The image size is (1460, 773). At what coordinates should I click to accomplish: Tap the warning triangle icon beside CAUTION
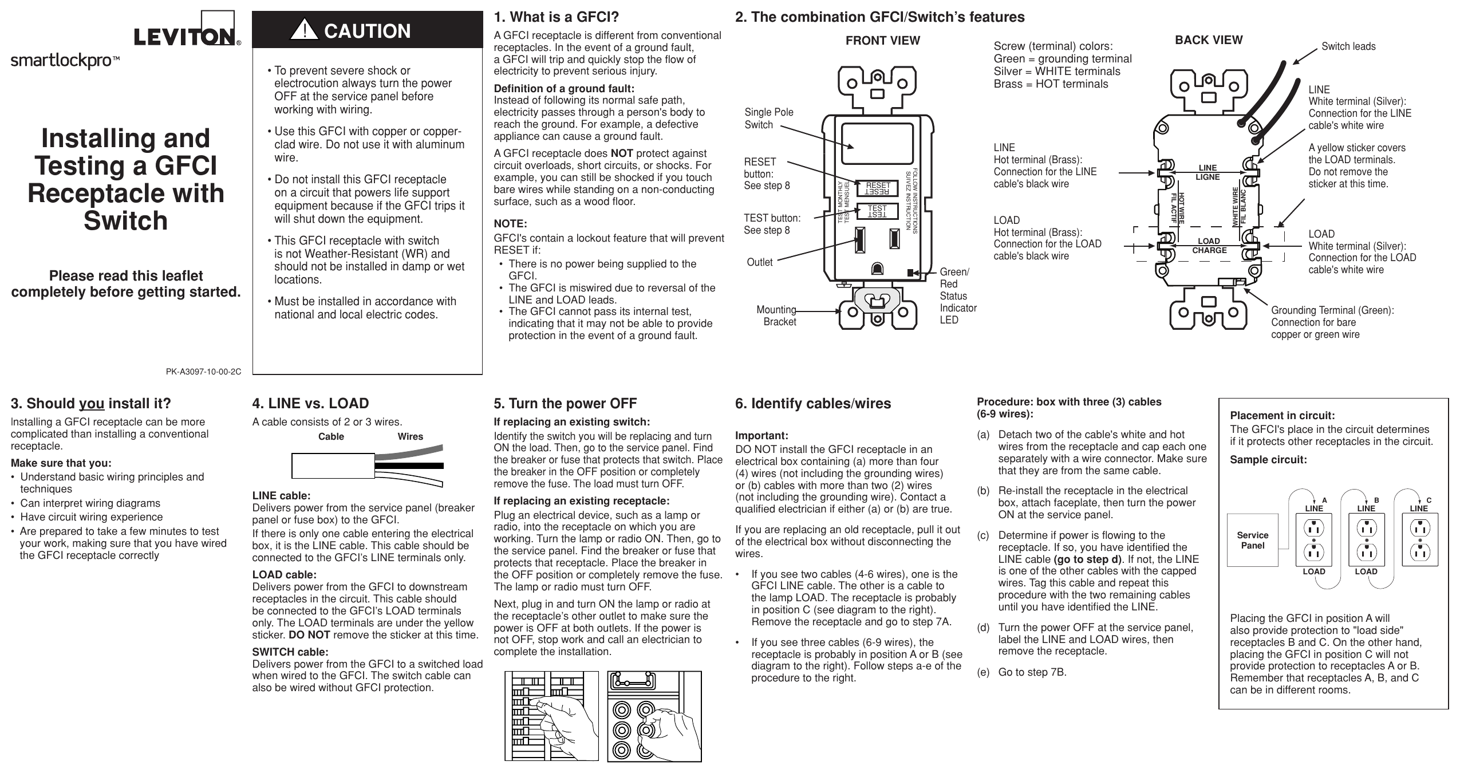(x=304, y=30)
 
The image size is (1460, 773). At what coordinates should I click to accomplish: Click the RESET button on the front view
(x=877, y=188)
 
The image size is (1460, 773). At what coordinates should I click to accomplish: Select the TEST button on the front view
(x=877, y=211)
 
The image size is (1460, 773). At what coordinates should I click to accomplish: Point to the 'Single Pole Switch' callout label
(x=768, y=119)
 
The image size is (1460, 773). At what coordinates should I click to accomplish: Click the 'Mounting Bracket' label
(x=776, y=315)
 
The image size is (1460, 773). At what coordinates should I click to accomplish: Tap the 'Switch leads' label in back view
(x=1348, y=46)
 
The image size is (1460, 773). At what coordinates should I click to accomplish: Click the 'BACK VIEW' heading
(x=1208, y=40)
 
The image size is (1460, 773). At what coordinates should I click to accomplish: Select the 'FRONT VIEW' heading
(x=882, y=41)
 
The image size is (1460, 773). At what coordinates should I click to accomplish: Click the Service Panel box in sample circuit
(x=1252, y=540)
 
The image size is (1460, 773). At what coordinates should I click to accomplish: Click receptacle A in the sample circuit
(x=1313, y=539)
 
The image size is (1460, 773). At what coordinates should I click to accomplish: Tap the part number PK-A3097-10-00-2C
(x=203, y=372)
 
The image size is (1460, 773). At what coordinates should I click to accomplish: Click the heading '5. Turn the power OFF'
(x=565, y=404)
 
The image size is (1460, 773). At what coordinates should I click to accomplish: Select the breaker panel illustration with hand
(x=551, y=716)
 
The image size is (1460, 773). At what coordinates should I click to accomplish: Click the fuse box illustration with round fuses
(x=654, y=716)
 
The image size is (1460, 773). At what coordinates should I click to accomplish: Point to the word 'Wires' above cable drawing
(x=410, y=437)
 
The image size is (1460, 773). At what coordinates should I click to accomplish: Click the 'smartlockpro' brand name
(x=61, y=61)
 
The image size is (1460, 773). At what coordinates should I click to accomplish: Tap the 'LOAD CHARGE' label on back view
(x=1209, y=246)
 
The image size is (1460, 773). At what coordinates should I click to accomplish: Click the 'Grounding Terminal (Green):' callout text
(x=1332, y=310)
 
